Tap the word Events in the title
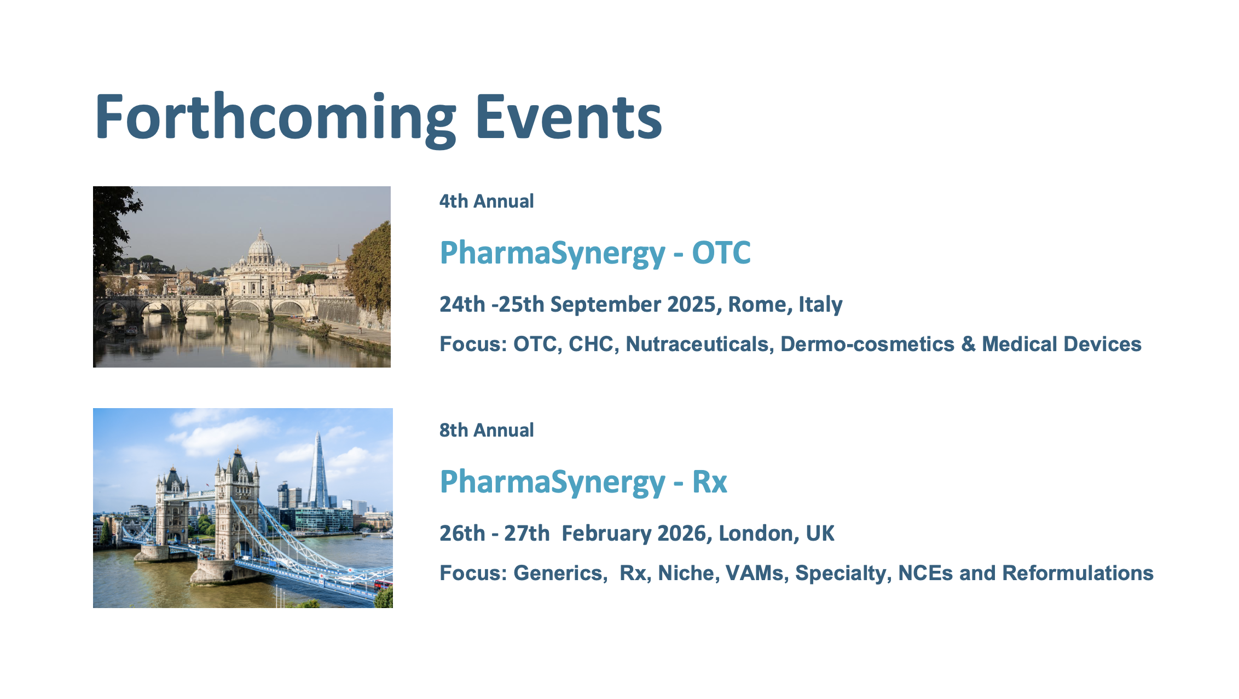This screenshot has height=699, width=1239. tap(569, 117)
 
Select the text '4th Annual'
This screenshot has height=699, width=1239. tap(487, 201)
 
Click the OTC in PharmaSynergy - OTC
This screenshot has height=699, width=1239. tap(721, 253)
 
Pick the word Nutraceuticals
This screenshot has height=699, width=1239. tap(700, 344)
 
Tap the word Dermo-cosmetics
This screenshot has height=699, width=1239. tap(867, 344)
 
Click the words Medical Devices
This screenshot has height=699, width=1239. tap(1062, 344)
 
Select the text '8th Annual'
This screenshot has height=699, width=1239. tap(487, 430)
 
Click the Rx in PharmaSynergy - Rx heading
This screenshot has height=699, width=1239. tap(710, 482)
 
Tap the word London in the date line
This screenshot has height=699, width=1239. tap(759, 534)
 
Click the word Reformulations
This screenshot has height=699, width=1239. tap(1078, 573)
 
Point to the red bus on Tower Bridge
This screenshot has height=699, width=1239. tap(383, 584)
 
